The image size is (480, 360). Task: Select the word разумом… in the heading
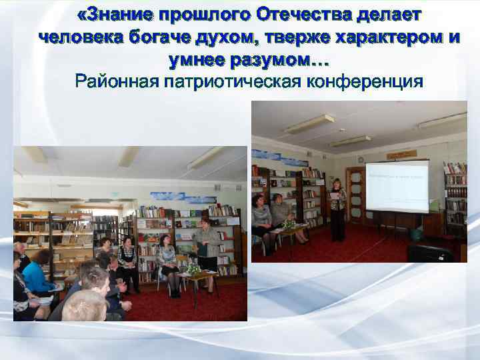point(279,60)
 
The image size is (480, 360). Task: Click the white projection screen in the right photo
point(397,187)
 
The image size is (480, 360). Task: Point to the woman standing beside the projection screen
point(337,208)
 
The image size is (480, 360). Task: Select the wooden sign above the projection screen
point(402,154)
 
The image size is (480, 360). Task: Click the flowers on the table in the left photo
point(194,269)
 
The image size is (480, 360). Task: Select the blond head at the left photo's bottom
point(85,306)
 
